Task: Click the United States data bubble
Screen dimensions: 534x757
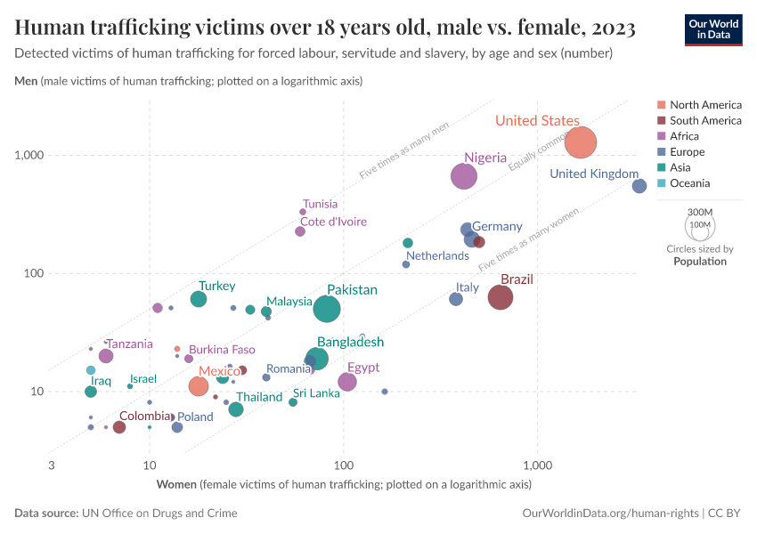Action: coord(581,142)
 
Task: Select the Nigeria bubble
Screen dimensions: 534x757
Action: coord(464,176)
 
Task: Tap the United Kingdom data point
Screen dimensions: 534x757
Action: coord(639,186)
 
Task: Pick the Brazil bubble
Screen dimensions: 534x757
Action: coord(501,297)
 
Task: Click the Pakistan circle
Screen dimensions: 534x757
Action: coord(327,309)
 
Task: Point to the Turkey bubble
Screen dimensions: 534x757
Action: coord(199,299)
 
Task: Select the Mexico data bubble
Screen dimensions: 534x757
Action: coord(199,386)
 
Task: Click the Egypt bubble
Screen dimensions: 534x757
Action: coord(347,382)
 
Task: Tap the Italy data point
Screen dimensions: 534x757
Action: coord(456,299)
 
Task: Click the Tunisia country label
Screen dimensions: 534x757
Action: coord(320,204)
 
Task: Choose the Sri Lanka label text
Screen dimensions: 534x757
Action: coord(316,393)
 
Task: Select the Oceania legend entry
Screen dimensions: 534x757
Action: coord(690,183)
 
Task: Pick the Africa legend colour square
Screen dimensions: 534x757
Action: coord(662,136)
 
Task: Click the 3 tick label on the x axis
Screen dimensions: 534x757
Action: coord(52,465)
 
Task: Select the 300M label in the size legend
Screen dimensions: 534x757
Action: coord(701,212)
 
